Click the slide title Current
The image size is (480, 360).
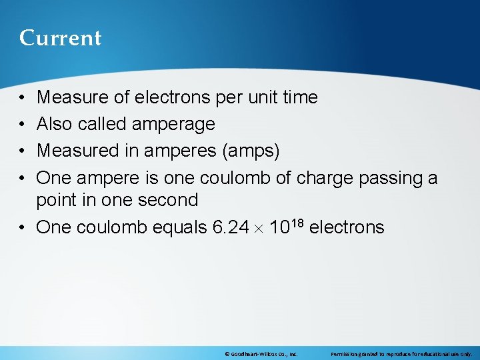[x=60, y=38]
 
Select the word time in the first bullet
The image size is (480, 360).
[x=300, y=97]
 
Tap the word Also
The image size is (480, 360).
[x=55, y=124]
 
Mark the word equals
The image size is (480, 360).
[x=180, y=227]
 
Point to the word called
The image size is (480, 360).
[x=103, y=124]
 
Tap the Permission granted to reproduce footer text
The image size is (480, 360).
[x=401, y=354]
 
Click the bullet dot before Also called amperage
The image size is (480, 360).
[x=23, y=124]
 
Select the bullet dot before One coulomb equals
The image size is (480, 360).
[x=23, y=227]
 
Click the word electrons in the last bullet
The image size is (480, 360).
[x=347, y=227]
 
